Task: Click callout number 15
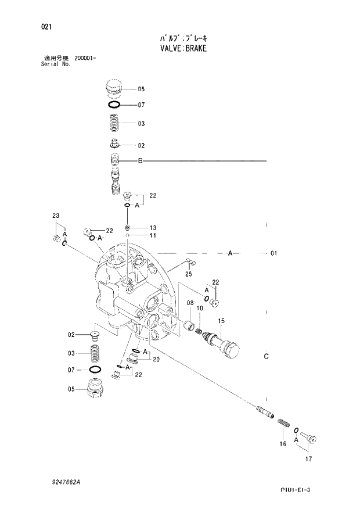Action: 221,321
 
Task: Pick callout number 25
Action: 189,274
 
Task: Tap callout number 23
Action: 56,216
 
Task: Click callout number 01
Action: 273,254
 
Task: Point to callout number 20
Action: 156,360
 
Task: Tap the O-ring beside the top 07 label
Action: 114,105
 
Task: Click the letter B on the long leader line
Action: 140,161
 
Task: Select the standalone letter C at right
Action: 266,356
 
